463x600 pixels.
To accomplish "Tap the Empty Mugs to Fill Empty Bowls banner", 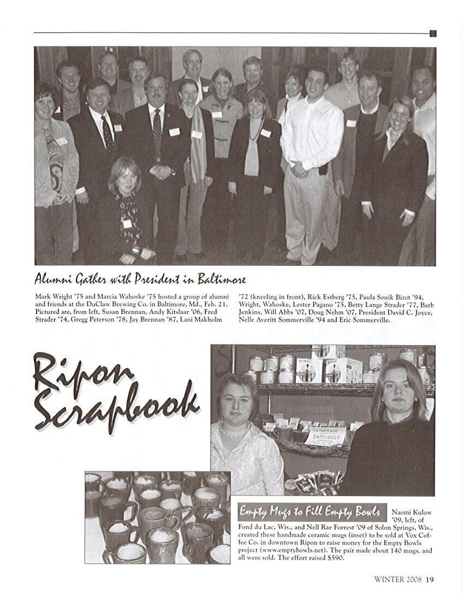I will tap(310, 512).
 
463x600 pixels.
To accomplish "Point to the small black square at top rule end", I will tap(433, 33).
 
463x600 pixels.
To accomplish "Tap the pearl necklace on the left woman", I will tap(232, 431).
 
